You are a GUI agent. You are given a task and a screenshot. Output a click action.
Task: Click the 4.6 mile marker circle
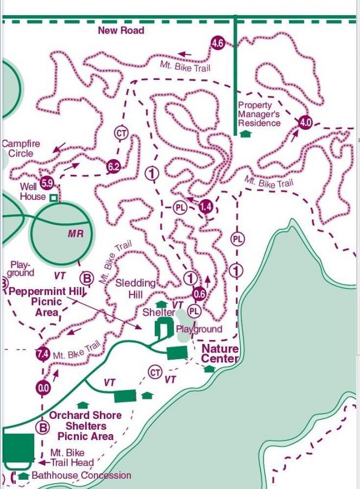(x=218, y=43)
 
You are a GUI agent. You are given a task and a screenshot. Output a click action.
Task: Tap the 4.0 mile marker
(x=305, y=122)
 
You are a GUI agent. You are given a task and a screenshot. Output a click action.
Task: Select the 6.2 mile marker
(x=113, y=167)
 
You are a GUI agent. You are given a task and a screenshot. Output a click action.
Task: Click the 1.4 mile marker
(x=205, y=206)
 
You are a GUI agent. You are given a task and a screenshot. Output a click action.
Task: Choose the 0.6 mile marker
(x=199, y=294)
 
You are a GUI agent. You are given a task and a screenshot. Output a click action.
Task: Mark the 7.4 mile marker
(x=42, y=354)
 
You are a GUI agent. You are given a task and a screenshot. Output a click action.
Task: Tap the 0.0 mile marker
(x=42, y=388)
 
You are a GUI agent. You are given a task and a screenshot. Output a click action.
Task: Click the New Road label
(x=121, y=30)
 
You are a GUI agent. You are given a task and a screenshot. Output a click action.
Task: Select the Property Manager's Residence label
(x=259, y=114)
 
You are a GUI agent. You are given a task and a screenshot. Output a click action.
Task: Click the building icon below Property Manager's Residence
(x=245, y=133)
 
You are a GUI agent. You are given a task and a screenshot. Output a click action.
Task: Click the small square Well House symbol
(x=53, y=198)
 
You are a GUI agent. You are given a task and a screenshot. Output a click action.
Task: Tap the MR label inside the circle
(x=75, y=233)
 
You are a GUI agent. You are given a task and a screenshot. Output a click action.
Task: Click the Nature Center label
(x=220, y=354)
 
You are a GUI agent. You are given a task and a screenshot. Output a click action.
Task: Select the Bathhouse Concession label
(x=81, y=475)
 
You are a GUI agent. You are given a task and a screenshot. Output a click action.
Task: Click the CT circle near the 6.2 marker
(x=121, y=133)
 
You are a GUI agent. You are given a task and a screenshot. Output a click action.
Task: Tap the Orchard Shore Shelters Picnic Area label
(x=85, y=425)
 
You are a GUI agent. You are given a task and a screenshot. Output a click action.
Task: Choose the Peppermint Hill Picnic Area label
(x=46, y=302)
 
